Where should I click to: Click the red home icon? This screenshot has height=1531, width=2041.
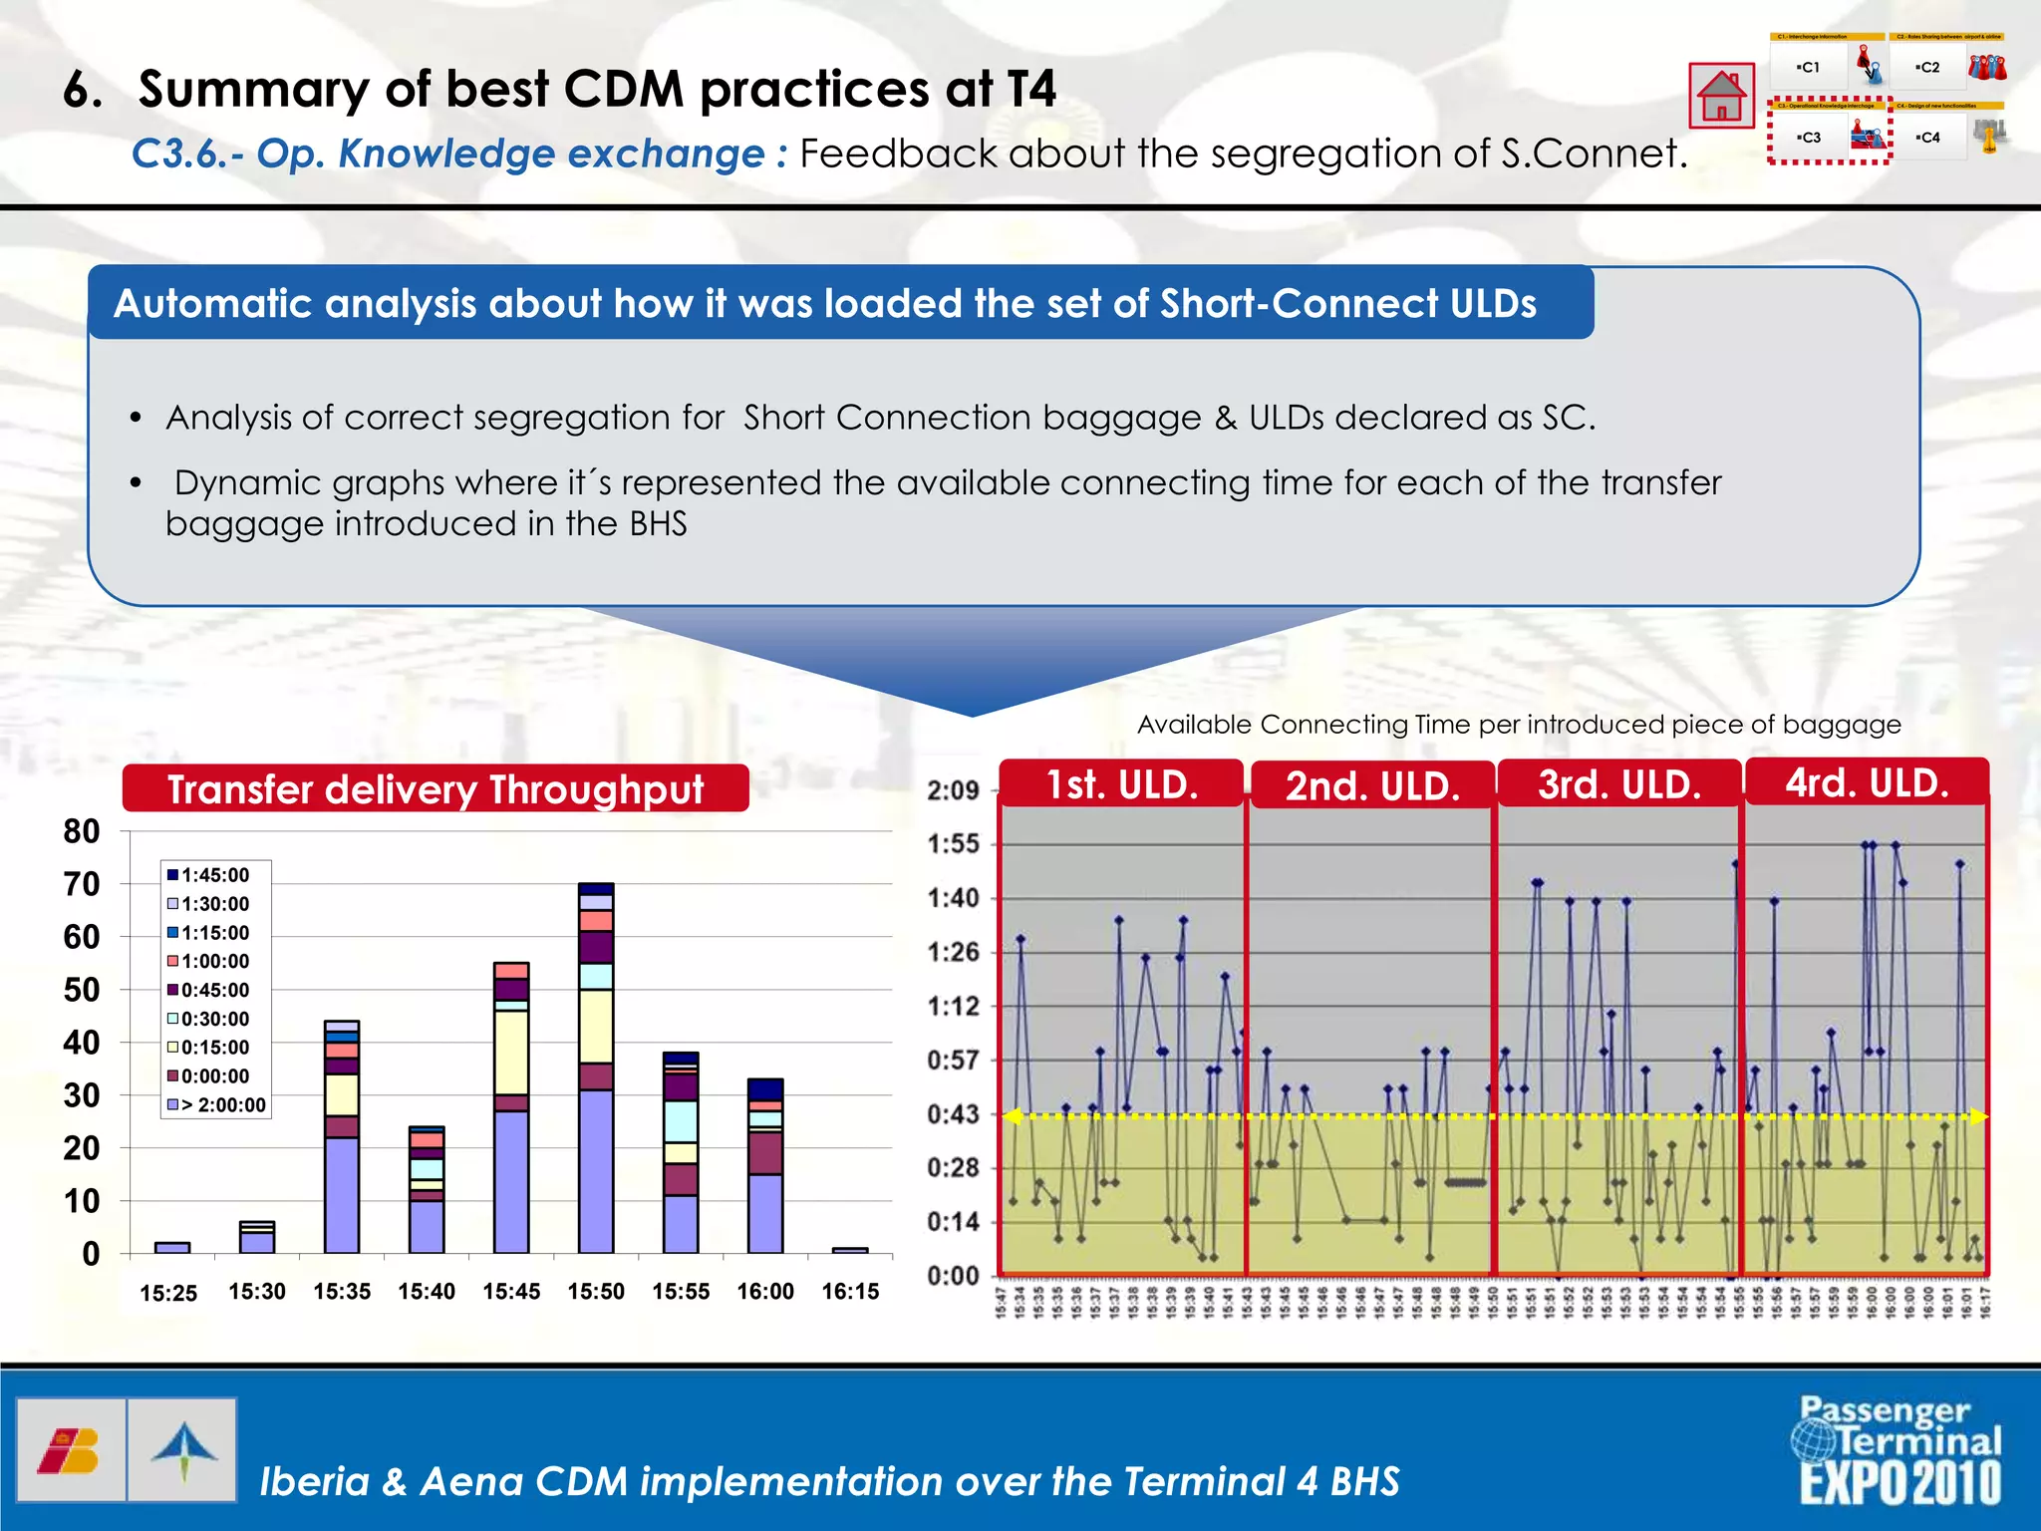1721,96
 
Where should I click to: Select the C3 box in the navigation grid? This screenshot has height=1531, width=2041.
1809,138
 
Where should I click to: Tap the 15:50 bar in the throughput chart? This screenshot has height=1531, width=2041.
596,1068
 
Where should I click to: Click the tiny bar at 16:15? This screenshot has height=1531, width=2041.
850,1249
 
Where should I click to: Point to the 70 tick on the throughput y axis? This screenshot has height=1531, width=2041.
82,884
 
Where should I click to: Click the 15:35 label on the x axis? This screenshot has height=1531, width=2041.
342,1292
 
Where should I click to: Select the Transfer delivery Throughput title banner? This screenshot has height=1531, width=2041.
436,789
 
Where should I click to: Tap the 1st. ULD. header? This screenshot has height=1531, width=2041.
1121,785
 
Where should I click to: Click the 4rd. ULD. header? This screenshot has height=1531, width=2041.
1867,783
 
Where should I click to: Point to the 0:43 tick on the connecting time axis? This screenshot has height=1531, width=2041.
954,1114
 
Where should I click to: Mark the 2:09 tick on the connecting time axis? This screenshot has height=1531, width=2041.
954,791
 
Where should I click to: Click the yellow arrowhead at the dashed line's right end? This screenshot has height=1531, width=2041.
1979,1117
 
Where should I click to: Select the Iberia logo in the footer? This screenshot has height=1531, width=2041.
70,1450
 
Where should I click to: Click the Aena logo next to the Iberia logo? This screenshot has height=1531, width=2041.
183,1450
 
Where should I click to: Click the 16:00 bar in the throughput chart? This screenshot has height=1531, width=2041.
765,1166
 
